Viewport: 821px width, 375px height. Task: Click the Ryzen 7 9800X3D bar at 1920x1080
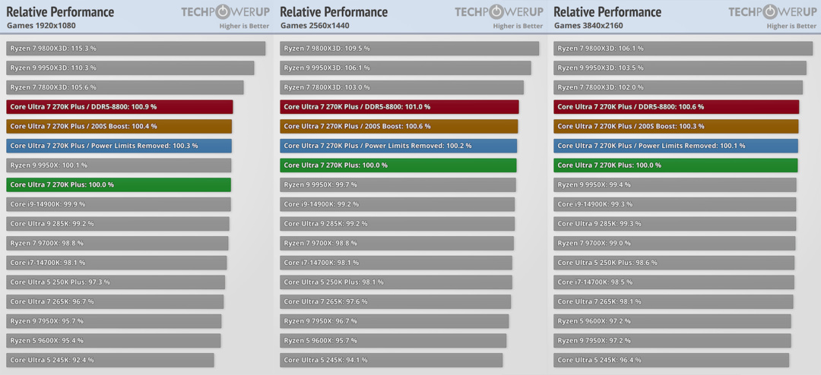pyautogui.click(x=135, y=48)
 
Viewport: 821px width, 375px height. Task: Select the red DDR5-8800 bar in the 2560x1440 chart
pyautogui.click(x=399, y=107)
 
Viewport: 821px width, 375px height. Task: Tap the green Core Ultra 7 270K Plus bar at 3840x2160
pyautogui.click(x=676, y=165)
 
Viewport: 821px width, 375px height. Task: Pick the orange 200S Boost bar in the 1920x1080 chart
pyautogui.click(x=119, y=126)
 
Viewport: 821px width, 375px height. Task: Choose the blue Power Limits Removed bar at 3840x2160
pyautogui.click(x=676, y=146)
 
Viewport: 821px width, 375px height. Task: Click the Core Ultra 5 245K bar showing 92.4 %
pyautogui.click(x=110, y=360)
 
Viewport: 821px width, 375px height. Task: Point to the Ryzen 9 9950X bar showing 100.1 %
pyautogui.click(x=119, y=165)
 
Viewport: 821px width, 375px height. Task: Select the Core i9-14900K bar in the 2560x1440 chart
pyautogui.click(x=397, y=204)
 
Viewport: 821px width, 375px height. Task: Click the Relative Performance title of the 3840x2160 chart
pyautogui.click(x=607, y=11)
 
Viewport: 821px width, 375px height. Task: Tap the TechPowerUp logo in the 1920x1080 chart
pyautogui.click(x=225, y=12)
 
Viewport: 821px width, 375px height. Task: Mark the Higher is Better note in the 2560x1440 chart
pyautogui.click(x=518, y=26)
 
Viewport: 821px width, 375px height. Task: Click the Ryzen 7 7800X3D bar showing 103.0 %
pyautogui.click(x=401, y=87)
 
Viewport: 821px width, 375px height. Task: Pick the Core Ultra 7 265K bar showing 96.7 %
pyautogui.click(x=115, y=301)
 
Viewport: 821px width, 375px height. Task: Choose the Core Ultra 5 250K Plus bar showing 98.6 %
pyautogui.click(x=674, y=263)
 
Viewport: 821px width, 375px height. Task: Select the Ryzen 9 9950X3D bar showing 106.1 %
pyautogui.click(x=405, y=68)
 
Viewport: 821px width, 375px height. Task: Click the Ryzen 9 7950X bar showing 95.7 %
pyautogui.click(x=113, y=320)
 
